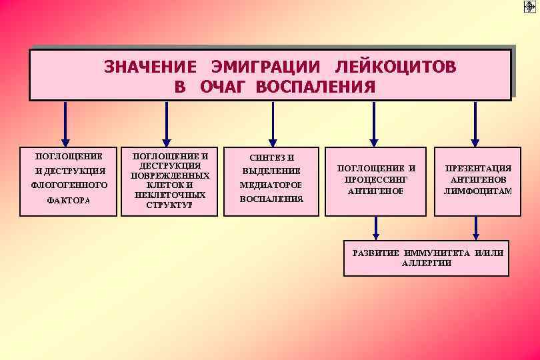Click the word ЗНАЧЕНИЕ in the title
(x=150, y=67)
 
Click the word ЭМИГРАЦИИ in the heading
(x=266, y=67)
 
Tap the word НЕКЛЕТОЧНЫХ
(x=170, y=195)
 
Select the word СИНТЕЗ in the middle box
(x=263, y=157)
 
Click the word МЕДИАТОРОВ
(x=271, y=185)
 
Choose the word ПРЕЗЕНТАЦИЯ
(x=478, y=169)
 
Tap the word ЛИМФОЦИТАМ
(x=478, y=191)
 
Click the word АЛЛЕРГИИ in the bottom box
(x=427, y=263)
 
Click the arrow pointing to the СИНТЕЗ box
(x=272, y=123)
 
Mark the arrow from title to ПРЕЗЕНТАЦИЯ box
(x=475, y=123)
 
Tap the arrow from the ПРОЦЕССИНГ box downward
(x=376, y=228)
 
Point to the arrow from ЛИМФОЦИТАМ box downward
(x=476, y=228)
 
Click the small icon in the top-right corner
(x=530, y=7)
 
